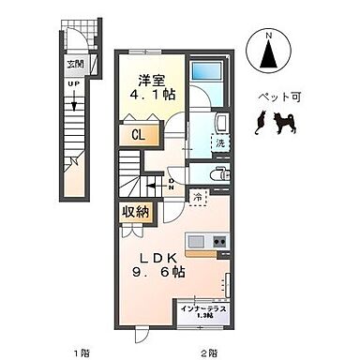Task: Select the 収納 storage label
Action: click(x=135, y=212)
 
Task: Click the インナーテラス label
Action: click(x=203, y=307)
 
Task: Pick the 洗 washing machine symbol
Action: click(x=219, y=144)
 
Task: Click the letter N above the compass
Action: click(x=268, y=35)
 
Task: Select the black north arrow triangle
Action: click(x=268, y=57)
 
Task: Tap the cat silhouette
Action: click(x=261, y=122)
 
